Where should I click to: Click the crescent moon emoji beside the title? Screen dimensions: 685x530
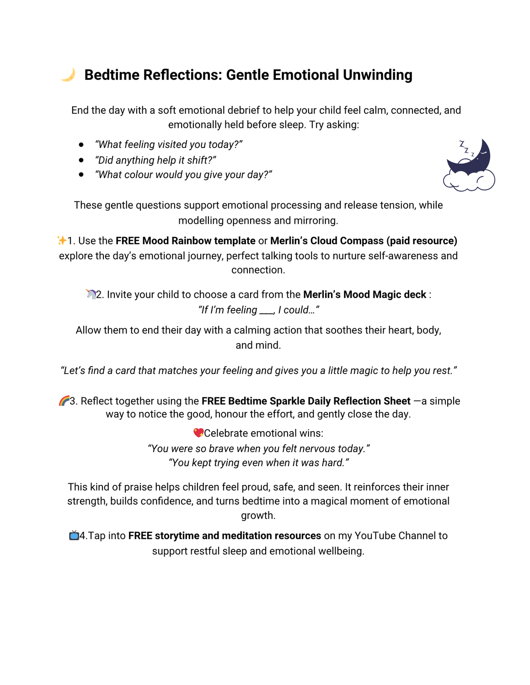[x=68, y=75]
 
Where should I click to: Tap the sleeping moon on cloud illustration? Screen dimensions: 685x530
[x=469, y=165]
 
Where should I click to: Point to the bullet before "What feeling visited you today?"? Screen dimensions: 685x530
[x=81, y=145]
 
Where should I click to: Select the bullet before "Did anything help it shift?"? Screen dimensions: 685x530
[x=81, y=160]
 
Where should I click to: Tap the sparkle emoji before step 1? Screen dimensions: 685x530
[x=61, y=241]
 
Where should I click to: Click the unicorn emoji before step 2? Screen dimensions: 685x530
[x=91, y=295]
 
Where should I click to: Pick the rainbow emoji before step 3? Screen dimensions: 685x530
[x=64, y=401]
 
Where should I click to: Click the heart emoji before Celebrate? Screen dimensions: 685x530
[x=198, y=433]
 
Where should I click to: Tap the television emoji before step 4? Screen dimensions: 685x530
[x=74, y=536]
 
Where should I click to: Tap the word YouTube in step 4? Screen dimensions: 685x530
[x=376, y=536]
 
